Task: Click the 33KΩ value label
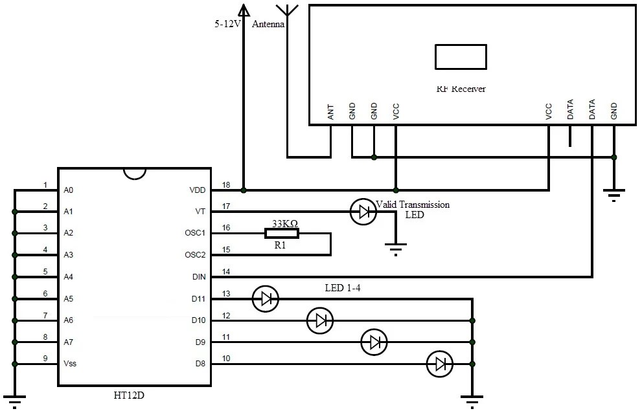point(284,223)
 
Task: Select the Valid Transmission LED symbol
point(363,212)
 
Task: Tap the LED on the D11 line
point(265,299)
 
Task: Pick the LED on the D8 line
point(440,364)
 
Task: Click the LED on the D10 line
point(319,320)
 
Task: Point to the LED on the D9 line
point(374,341)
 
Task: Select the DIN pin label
point(198,277)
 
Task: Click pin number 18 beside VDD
point(226,184)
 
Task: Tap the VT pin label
point(200,212)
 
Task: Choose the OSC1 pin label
point(195,233)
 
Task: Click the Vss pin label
point(70,364)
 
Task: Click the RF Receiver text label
point(461,89)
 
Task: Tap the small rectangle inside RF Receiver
point(461,56)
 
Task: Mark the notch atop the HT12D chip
point(133,173)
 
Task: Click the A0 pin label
point(69,190)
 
